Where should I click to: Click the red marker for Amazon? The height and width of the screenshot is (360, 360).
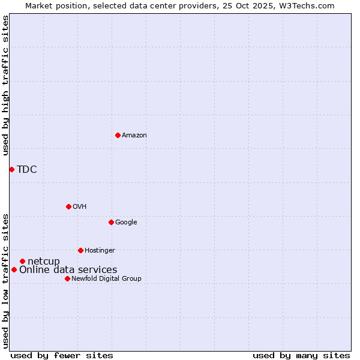tap(118, 135)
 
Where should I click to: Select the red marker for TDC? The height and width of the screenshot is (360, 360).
tap(11, 169)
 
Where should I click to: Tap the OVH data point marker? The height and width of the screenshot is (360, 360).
tap(68, 206)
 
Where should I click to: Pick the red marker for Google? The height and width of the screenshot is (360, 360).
tap(111, 222)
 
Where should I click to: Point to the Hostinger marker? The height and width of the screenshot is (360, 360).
tap(80, 250)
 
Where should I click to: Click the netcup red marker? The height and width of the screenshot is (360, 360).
tap(22, 261)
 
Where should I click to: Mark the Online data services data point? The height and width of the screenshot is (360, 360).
tap(14, 269)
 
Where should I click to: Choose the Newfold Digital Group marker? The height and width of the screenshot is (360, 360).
tap(67, 278)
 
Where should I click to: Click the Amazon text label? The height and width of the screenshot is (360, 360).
tap(134, 136)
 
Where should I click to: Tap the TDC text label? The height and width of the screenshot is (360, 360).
tap(27, 169)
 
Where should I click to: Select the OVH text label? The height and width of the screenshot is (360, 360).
tap(80, 207)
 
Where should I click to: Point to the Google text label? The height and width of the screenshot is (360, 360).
tap(126, 223)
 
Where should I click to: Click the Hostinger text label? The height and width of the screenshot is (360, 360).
tap(100, 251)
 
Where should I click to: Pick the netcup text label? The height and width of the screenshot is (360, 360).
tap(44, 261)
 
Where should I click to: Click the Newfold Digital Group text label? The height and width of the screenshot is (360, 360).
tap(106, 279)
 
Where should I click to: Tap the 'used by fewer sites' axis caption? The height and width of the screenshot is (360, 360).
tap(62, 355)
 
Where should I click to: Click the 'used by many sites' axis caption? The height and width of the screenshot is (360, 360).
tap(301, 355)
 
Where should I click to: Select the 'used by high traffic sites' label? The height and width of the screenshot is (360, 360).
tap(5, 85)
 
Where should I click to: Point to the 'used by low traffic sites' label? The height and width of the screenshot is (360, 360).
tap(5, 281)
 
